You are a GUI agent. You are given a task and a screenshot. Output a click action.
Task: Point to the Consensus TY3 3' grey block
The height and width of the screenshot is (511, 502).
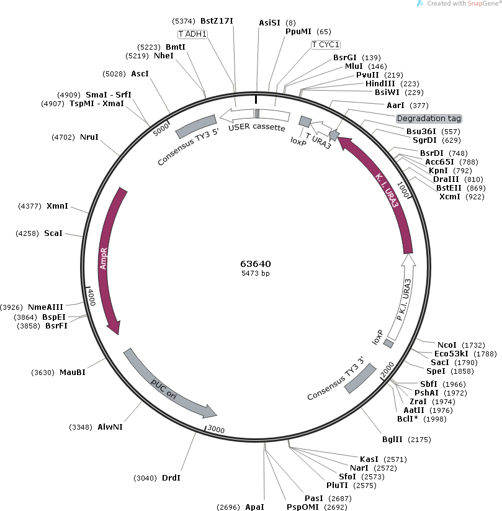tap(361, 378)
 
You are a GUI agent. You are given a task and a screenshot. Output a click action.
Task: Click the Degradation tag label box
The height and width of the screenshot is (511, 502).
tap(429, 118)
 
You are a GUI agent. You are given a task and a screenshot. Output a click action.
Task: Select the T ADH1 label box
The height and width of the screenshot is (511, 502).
tap(192, 34)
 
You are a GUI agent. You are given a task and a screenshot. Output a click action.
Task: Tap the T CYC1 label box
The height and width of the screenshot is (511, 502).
tap(326, 45)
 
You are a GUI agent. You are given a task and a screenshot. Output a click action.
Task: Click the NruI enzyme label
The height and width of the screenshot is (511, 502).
tap(89, 137)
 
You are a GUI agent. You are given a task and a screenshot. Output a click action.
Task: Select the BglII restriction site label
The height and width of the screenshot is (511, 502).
tap(392, 440)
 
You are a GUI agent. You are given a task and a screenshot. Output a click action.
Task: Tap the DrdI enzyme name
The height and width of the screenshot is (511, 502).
tap(171, 477)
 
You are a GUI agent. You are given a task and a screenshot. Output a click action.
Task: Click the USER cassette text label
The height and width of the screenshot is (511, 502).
tap(256, 128)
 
